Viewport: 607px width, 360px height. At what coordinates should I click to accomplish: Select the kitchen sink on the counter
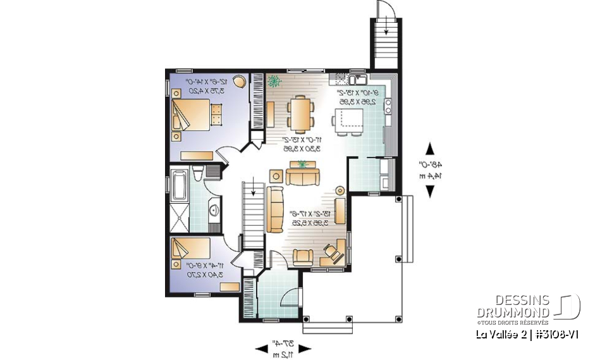[x=357, y=80]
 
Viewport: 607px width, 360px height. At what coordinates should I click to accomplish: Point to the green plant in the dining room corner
[x=274, y=81]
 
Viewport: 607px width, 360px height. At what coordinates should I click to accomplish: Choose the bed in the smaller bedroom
[x=189, y=251]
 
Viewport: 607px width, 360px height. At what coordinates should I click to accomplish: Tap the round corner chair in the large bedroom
[x=240, y=81]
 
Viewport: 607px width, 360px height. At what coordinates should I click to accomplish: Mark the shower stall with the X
[x=179, y=218]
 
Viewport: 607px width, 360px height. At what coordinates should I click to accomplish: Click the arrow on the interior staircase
[x=254, y=188]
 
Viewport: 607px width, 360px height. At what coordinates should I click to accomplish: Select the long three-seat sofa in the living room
[x=276, y=208]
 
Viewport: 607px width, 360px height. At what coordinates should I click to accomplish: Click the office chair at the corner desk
[x=330, y=251]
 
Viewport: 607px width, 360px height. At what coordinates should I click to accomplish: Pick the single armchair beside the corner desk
[x=303, y=256]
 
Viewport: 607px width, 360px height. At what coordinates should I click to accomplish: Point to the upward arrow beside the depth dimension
[x=431, y=149]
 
